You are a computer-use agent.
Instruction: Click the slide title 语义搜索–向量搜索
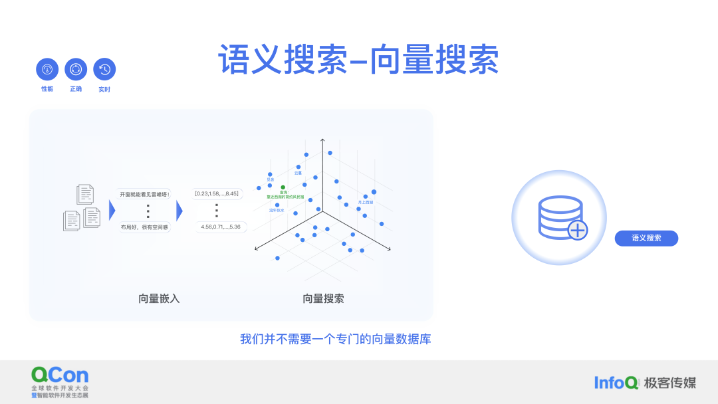(358, 60)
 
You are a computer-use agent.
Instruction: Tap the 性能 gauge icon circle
(47, 69)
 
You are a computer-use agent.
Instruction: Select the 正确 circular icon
(76, 69)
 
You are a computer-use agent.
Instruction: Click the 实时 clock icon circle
(104, 69)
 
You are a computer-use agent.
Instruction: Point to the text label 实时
(104, 89)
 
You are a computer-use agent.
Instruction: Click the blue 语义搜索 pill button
(646, 238)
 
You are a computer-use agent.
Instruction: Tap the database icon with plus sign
(559, 217)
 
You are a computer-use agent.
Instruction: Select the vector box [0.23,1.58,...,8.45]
(217, 193)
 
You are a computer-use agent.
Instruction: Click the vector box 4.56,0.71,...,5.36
(221, 227)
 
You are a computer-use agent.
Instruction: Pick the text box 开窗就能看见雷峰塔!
(145, 194)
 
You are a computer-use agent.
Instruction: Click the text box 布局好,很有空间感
(145, 227)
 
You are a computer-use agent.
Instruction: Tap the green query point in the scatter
(283, 187)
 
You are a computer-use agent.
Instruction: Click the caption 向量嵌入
(159, 298)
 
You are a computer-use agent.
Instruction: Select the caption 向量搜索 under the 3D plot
(323, 298)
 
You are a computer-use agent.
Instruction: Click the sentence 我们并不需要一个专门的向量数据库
(336, 339)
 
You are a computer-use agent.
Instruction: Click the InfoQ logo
(616, 382)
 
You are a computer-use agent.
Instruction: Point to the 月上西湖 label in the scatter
(366, 201)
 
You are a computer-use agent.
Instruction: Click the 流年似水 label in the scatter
(277, 210)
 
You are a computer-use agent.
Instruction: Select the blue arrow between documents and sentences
(112, 211)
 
